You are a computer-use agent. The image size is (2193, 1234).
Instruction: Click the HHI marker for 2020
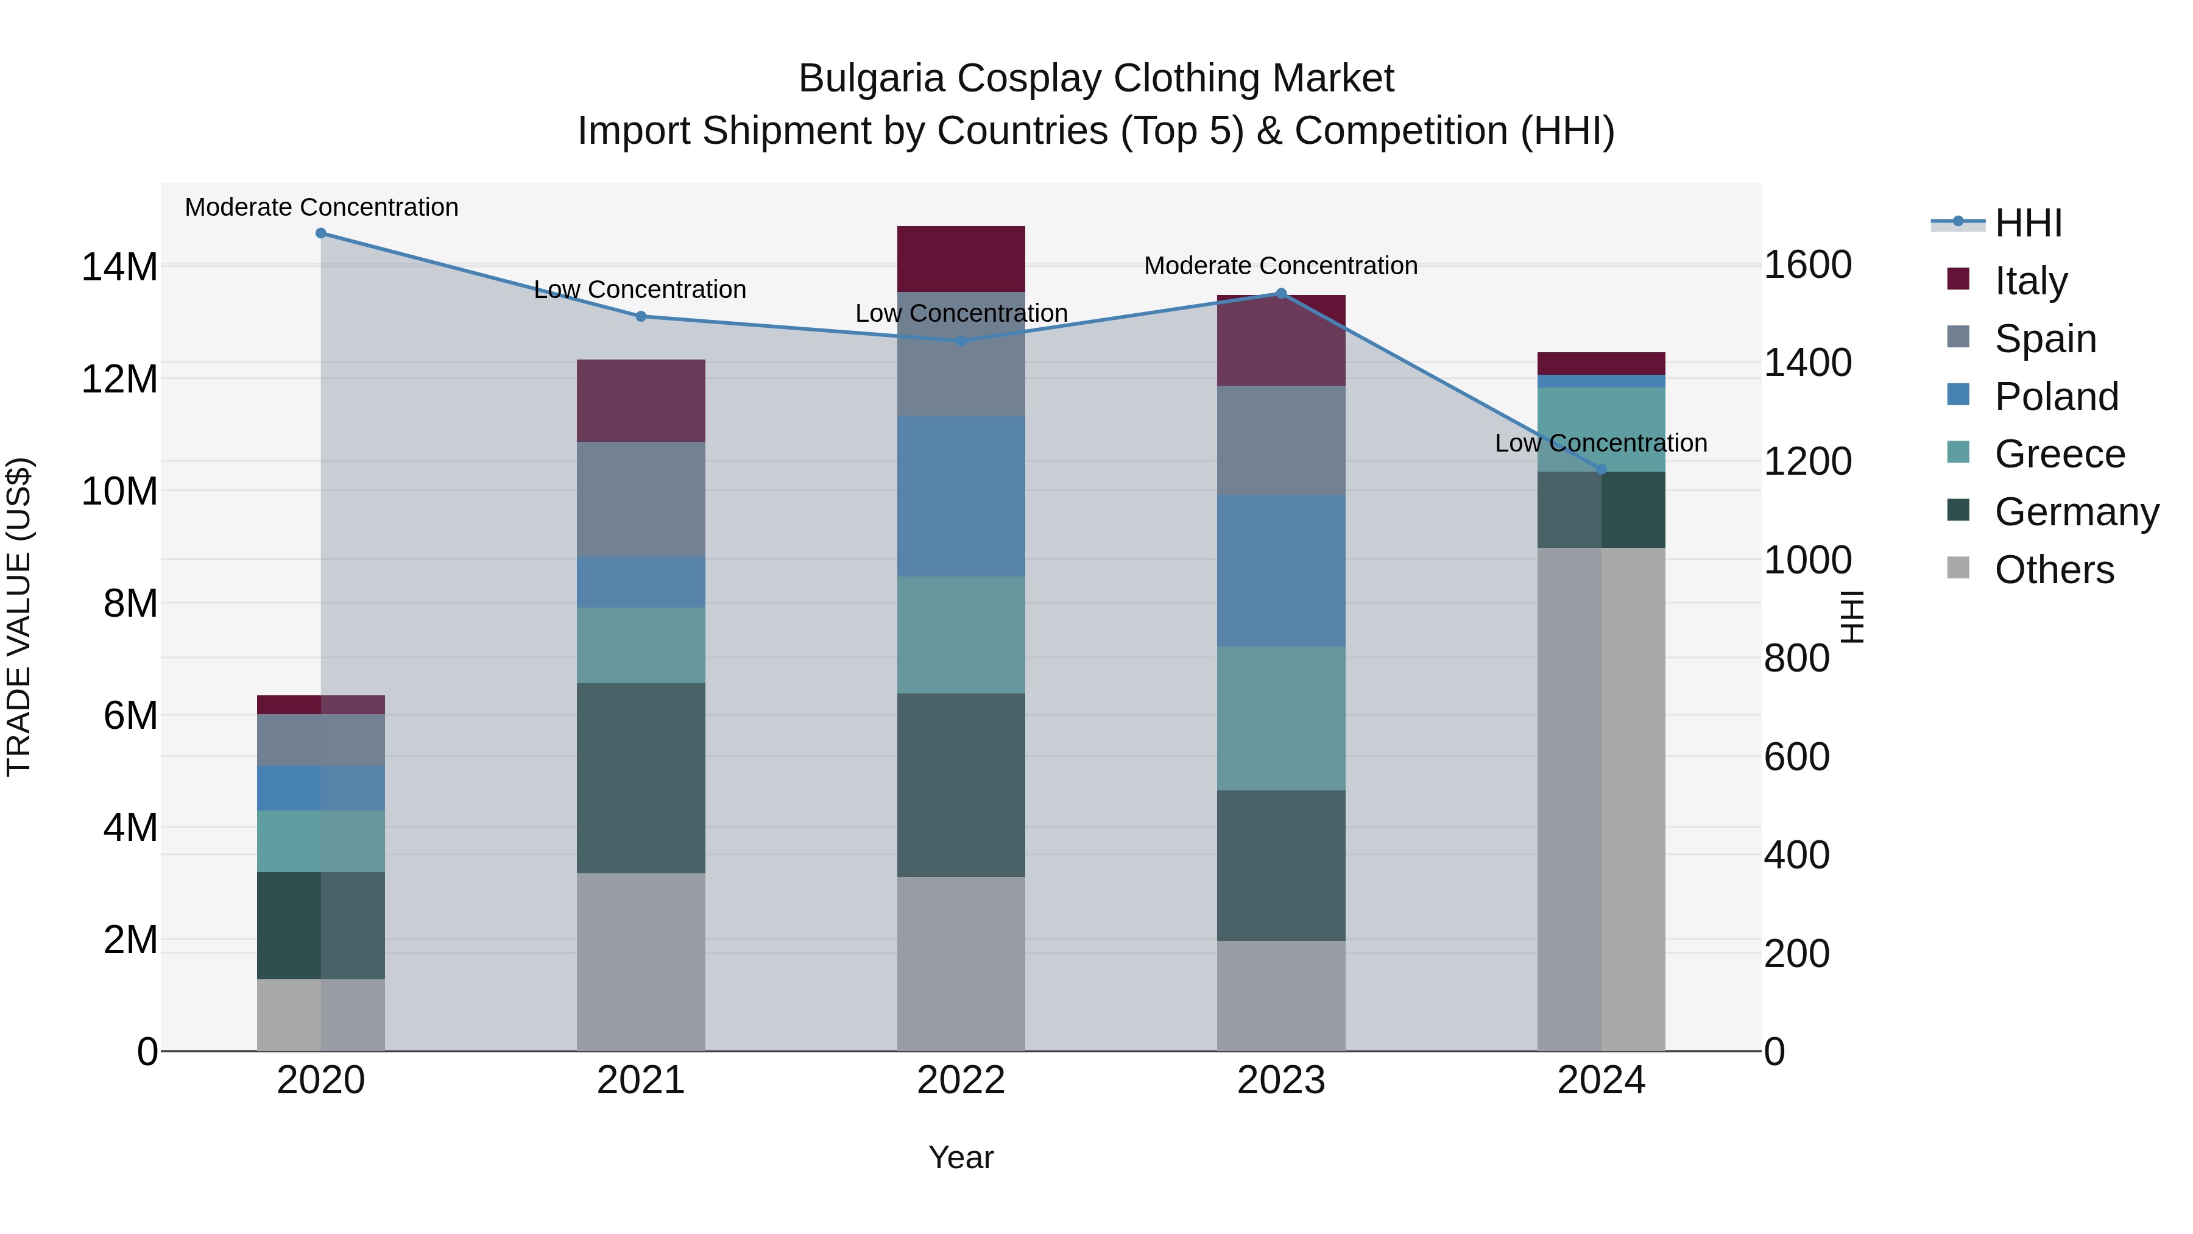click(321, 233)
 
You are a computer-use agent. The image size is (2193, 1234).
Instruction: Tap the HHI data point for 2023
click(1280, 294)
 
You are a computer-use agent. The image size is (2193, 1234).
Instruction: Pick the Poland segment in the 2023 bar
click(1280, 570)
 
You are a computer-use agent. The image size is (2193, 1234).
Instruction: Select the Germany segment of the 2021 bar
click(640, 778)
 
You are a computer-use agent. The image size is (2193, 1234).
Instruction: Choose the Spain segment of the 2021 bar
click(640, 499)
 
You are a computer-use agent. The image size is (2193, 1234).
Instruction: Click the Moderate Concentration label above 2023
click(1280, 266)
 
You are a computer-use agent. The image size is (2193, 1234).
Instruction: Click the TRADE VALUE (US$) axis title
click(19, 617)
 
